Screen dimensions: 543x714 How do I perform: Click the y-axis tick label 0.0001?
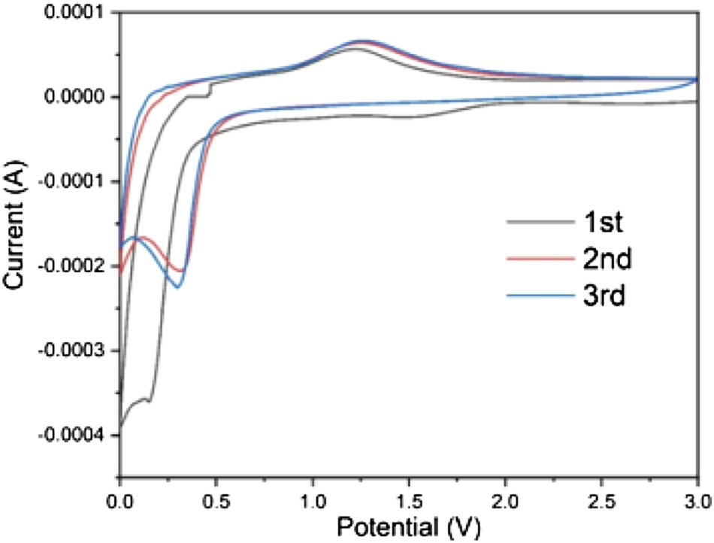pos(74,13)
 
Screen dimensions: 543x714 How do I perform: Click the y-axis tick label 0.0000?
pos(74,98)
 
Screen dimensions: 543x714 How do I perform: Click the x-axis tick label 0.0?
pos(120,498)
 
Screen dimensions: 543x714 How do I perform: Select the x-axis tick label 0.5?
pos(216,498)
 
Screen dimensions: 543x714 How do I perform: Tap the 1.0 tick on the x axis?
pos(313,498)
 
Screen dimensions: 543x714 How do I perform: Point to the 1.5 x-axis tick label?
pos(410,498)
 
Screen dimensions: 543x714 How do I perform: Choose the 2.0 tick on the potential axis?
pos(506,498)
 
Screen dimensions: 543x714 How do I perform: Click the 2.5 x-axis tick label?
pos(602,498)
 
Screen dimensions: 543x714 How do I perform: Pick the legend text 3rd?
pos(604,296)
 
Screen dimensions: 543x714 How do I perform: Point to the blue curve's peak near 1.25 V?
pos(362,40)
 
